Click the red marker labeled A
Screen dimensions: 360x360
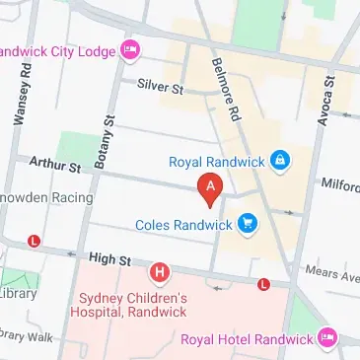(x=209, y=187)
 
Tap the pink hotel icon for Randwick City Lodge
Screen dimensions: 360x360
(x=129, y=49)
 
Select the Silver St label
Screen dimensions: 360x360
(x=162, y=89)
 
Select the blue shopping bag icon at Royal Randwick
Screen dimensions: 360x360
(x=280, y=159)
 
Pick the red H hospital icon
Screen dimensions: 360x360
(x=158, y=270)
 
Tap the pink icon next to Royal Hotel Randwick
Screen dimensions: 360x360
(x=327, y=339)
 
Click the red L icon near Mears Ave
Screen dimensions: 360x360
(x=263, y=285)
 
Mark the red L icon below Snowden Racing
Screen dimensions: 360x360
(x=35, y=241)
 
